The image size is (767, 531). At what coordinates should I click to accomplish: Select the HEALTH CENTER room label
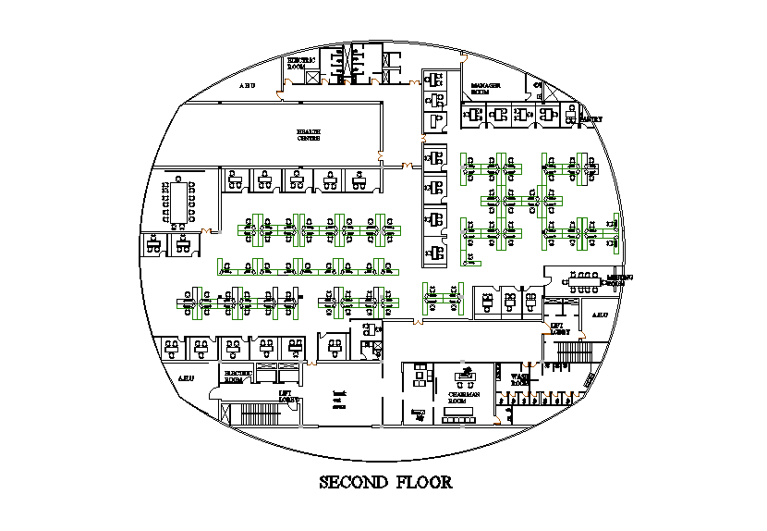(x=309, y=135)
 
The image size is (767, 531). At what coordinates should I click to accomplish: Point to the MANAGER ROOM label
(x=485, y=89)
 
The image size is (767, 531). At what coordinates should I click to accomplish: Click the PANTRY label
(x=591, y=119)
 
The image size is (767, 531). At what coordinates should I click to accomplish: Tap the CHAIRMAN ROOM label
(x=465, y=397)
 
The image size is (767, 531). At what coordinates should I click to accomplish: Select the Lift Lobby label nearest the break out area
(x=286, y=395)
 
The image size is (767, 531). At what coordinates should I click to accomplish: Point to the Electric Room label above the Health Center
(x=302, y=63)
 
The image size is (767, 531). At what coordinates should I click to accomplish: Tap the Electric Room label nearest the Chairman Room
(x=238, y=377)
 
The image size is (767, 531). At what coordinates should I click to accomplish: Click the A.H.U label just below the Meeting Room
(x=598, y=315)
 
